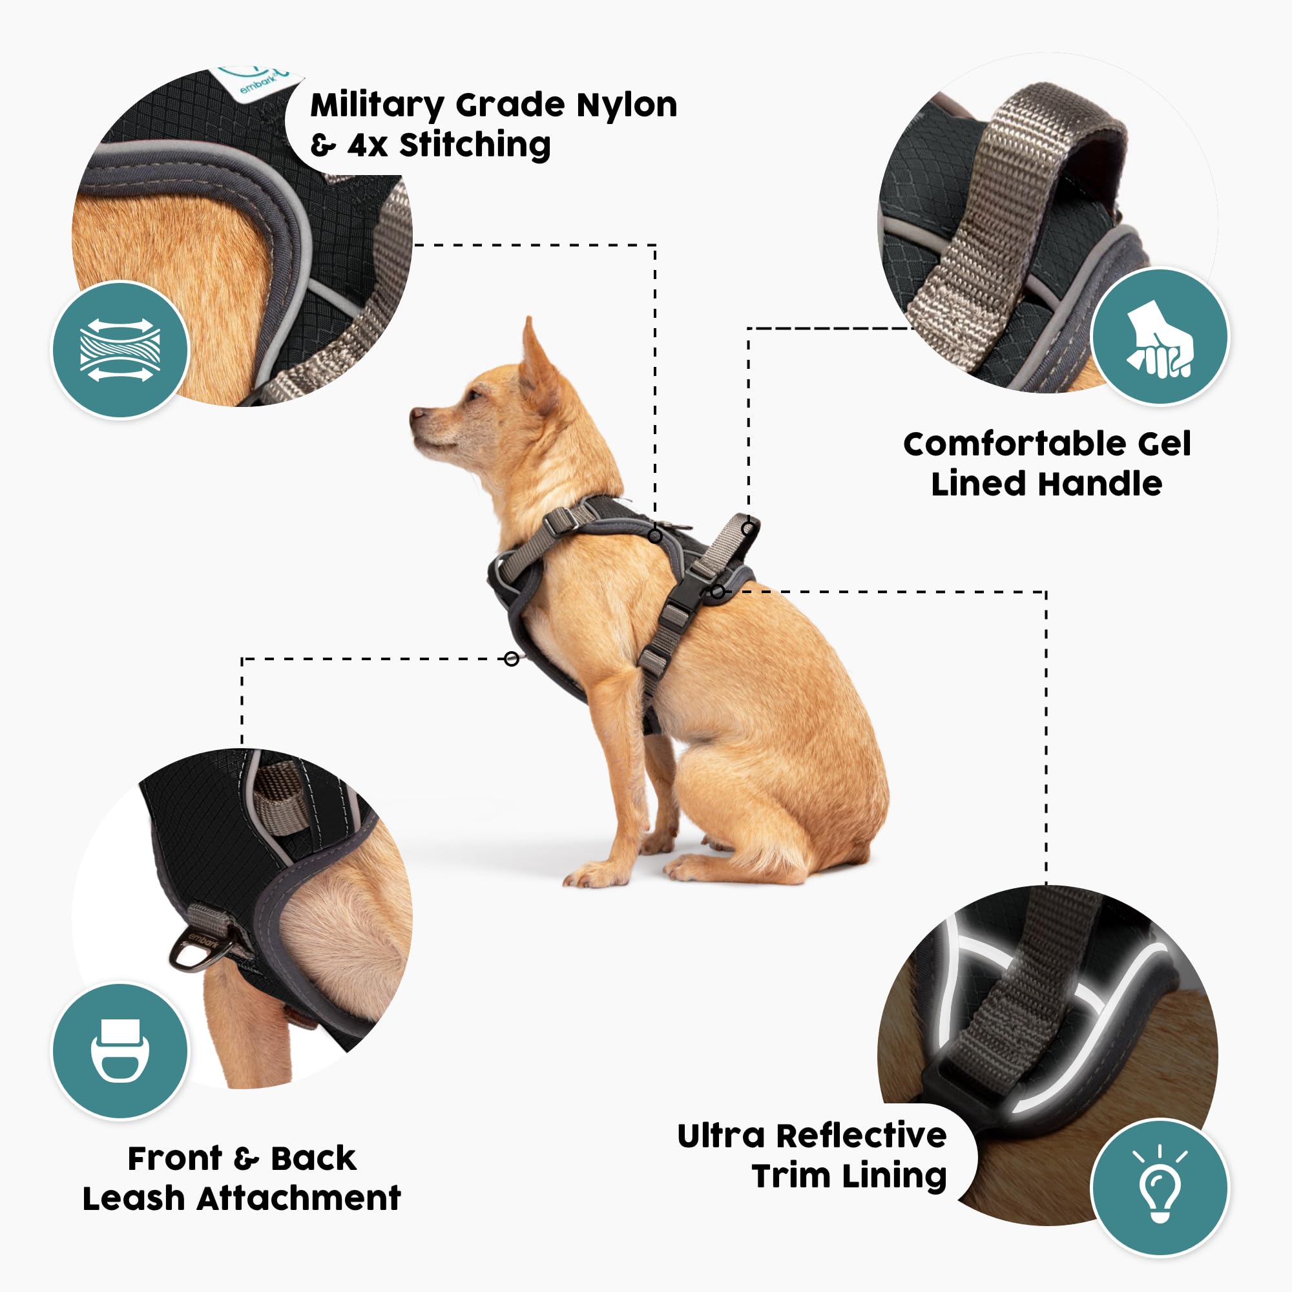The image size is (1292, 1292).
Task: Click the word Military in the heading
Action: pos(377,107)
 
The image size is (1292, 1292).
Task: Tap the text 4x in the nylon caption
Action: pos(367,145)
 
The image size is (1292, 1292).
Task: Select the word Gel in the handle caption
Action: pos(1164,444)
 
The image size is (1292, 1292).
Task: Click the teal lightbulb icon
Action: pos(1160,1189)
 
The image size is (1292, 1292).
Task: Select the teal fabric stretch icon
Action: pos(120,350)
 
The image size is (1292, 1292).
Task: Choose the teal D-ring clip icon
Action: pos(120,1050)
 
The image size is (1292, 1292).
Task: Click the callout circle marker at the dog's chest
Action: pos(512,660)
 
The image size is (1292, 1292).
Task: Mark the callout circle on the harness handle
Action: pos(747,528)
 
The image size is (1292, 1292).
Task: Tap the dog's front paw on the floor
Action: pos(589,876)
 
